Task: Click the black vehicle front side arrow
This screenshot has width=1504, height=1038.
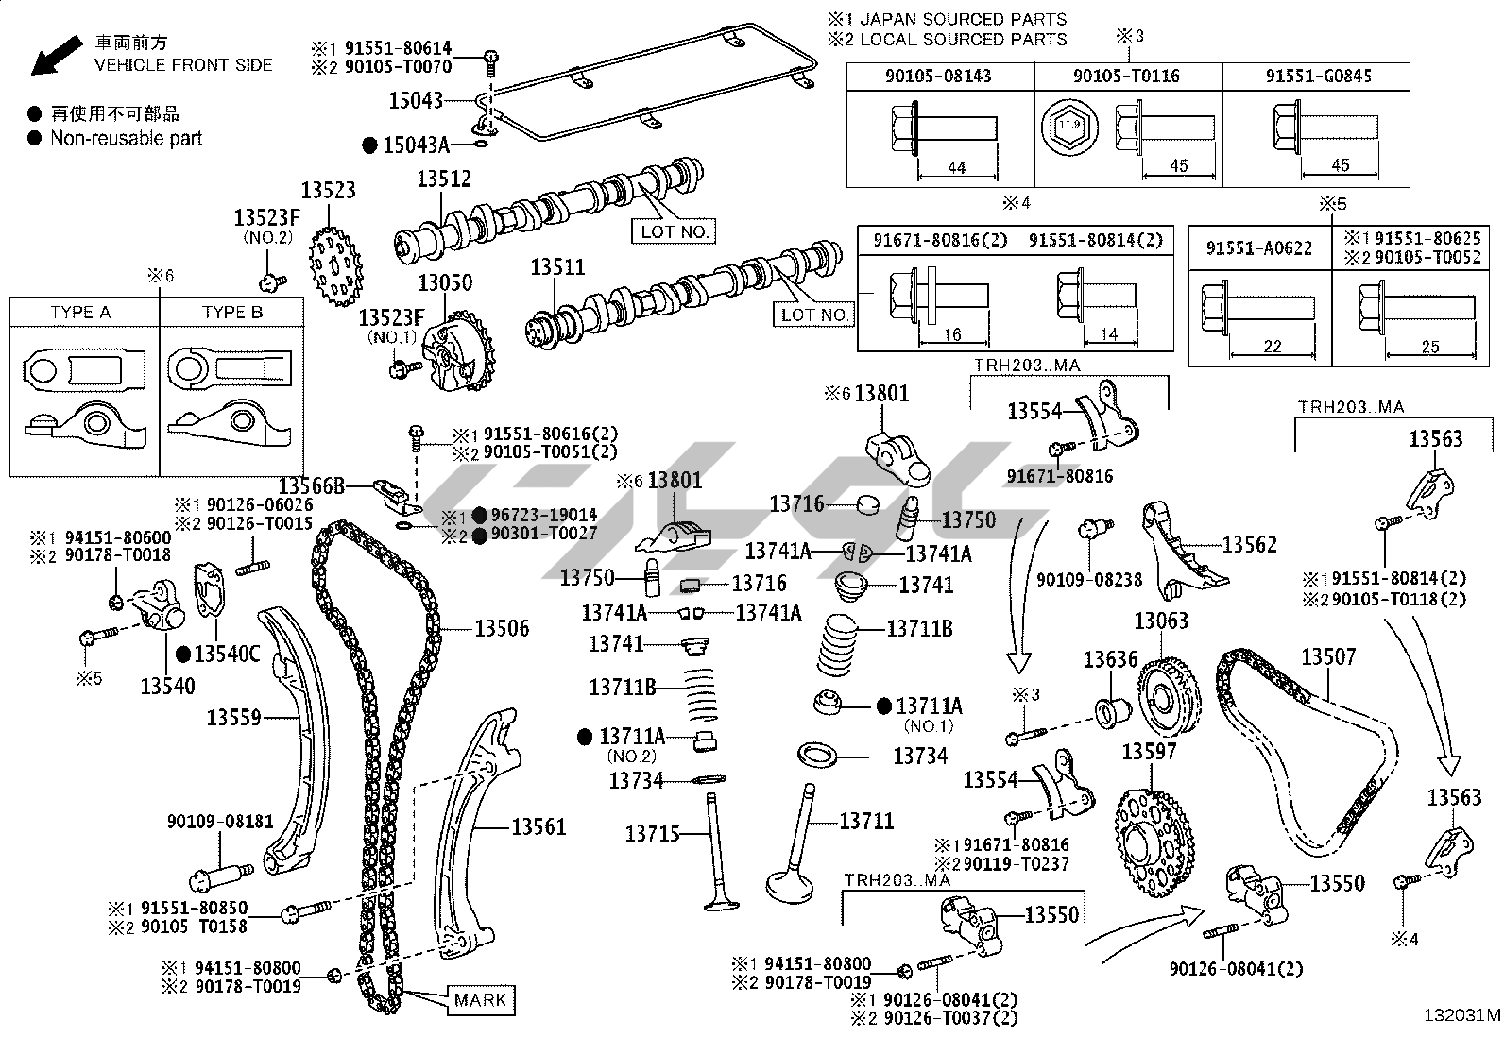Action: tap(56, 55)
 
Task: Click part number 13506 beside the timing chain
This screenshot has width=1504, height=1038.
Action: tap(502, 628)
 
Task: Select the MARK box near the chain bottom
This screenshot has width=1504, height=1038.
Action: tap(480, 999)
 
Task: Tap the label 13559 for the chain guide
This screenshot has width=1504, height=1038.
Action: tap(233, 717)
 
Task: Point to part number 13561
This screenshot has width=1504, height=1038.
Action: tap(538, 826)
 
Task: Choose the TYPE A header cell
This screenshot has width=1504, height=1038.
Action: tap(80, 313)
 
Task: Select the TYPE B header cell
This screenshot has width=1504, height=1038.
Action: tap(232, 313)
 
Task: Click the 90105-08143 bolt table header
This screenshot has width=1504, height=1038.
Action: tap(939, 76)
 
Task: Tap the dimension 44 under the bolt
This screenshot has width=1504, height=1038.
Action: tap(957, 167)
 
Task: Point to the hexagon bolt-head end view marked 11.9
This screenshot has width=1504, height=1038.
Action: tap(1069, 126)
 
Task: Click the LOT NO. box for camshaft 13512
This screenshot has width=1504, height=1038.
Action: tap(675, 231)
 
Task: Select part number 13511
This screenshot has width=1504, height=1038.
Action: tap(557, 267)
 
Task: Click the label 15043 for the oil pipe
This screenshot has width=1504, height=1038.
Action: tap(417, 101)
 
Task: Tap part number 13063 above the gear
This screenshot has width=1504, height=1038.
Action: tap(1161, 621)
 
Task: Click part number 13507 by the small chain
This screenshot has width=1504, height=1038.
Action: tap(1328, 656)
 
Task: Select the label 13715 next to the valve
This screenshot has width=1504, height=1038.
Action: tap(652, 834)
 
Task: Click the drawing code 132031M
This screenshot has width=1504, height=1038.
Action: tap(1461, 1015)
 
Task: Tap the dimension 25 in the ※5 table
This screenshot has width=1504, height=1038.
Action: tap(1431, 347)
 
